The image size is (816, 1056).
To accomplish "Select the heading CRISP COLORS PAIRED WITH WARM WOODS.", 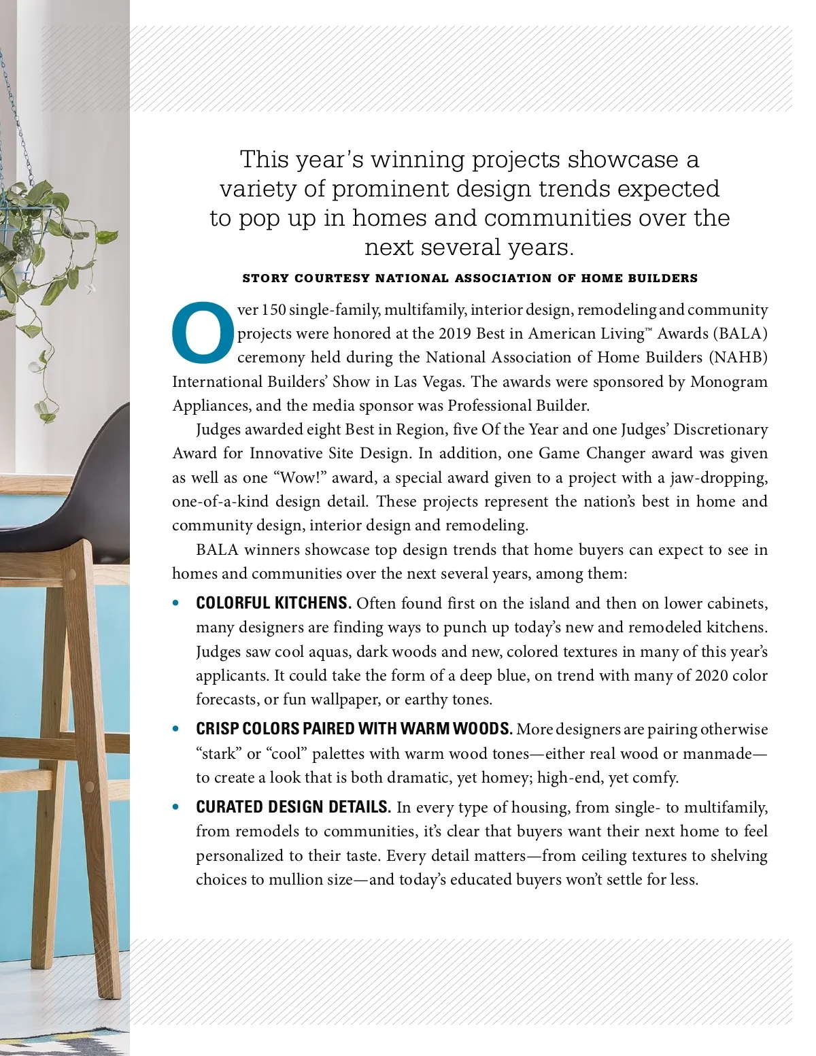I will pyautogui.click(x=354, y=729).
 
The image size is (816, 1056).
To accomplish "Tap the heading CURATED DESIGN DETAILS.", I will pyautogui.click(x=293, y=807).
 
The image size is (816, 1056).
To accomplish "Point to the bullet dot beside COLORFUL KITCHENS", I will pyautogui.click(x=177, y=603).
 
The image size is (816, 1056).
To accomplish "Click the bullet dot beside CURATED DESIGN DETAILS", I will pyautogui.click(x=177, y=807).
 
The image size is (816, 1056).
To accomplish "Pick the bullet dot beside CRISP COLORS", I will pyautogui.click(x=177, y=729).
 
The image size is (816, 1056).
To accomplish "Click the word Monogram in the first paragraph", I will pyautogui.click(x=729, y=382).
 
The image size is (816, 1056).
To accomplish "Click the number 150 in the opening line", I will pyautogui.click(x=274, y=310).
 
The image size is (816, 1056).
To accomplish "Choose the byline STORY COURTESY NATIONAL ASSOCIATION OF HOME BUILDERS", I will pyautogui.click(x=470, y=278).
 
